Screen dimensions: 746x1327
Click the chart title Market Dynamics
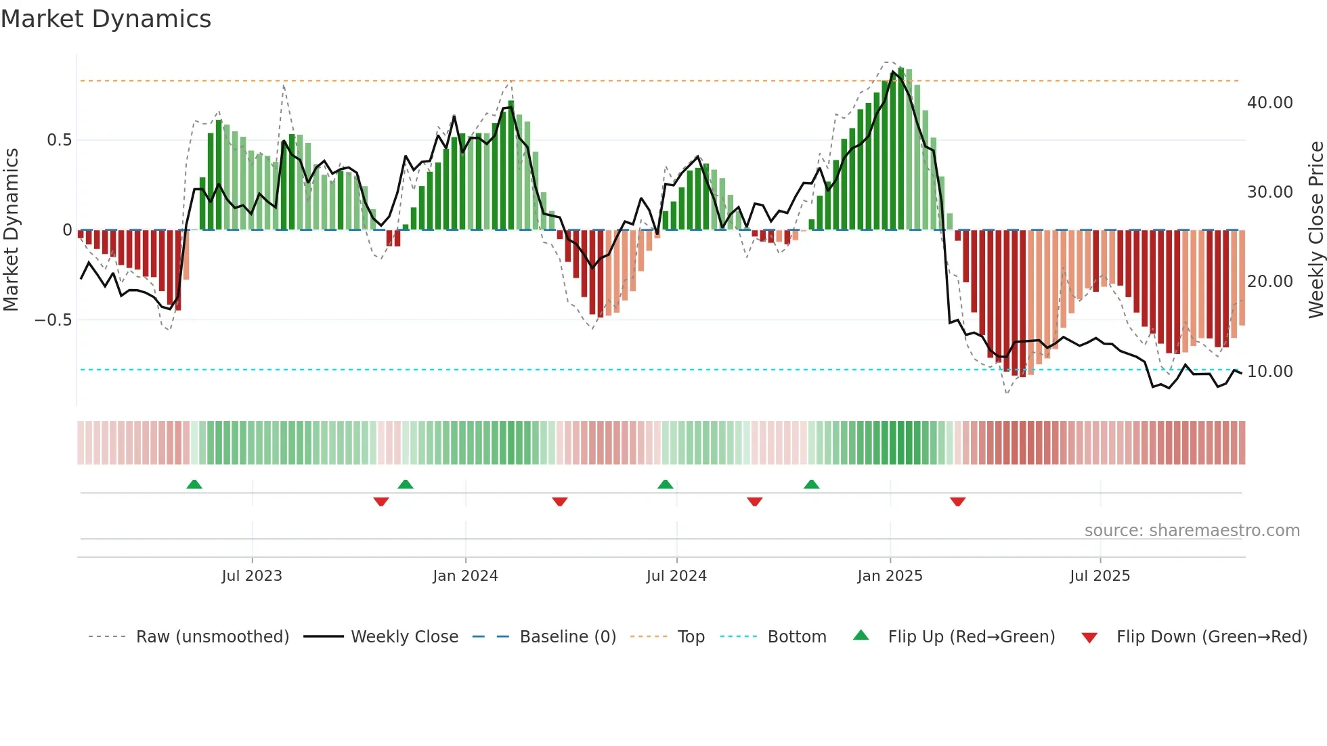click(x=106, y=19)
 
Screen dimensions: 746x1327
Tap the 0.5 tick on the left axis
click(x=59, y=140)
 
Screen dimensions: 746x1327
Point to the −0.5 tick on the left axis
click(x=53, y=320)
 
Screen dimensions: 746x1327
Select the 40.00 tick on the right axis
click(x=1269, y=103)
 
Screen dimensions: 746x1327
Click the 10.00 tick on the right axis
click(x=1269, y=372)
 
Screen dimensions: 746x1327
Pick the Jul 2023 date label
click(x=252, y=576)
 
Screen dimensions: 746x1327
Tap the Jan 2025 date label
click(x=890, y=576)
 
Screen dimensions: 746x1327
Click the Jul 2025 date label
click(x=1100, y=576)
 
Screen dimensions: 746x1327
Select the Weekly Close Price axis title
click(x=1315, y=229)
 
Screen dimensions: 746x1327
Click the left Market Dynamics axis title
click(x=11, y=229)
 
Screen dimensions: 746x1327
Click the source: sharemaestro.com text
click(x=1192, y=531)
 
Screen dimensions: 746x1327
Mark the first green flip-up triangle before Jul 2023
click(x=194, y=484)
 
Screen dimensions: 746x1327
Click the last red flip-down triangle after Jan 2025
click(x=957, y=502)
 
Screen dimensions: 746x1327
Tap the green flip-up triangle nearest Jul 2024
click(x=665, y=484)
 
